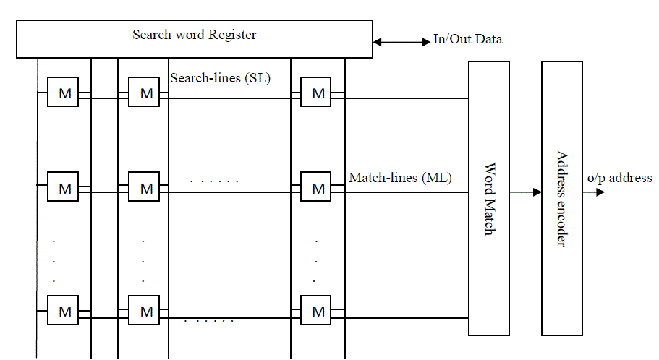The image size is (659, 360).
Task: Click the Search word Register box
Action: click(x=194, y=38)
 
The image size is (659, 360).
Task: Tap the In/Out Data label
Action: click(x=467, y=40)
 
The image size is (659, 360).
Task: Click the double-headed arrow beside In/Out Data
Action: click(x=401, y=42)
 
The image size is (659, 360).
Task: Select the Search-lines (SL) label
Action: click(x=220, y=78)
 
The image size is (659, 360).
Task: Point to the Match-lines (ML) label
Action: click(x=400, y=177)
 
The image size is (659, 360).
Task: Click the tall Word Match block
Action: click(x=489, y=198)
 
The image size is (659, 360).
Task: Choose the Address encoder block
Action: click(x=561, y=198)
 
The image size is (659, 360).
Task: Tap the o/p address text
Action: click(x=620, y=178)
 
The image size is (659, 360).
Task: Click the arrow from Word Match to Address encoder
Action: click(x=525, y=192)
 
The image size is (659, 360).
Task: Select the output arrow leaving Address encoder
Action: click(x=594, y=192)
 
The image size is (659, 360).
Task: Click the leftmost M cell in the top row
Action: click(x=63, y=93)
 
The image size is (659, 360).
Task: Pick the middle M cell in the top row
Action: click(x=144, y=93)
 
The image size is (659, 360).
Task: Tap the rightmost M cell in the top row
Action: click(x=316, y=93)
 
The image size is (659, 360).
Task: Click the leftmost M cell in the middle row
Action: click(x=63, y=188)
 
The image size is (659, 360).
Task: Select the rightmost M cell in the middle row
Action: click(x=316, y=188)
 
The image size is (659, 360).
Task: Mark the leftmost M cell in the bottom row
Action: click(x=63, y=311)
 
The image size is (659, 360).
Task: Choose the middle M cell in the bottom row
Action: click(x=144, y=311)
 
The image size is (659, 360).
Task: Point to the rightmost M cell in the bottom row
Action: click(x=316, y=311)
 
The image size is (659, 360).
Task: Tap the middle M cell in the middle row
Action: click(x=144, y=188)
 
